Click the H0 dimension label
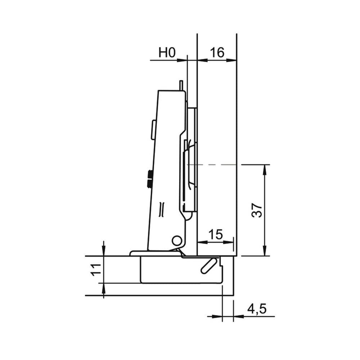167,53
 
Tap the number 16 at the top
217,53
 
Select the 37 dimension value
257,210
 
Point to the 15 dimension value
216,234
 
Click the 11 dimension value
96,270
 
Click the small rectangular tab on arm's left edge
153,130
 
